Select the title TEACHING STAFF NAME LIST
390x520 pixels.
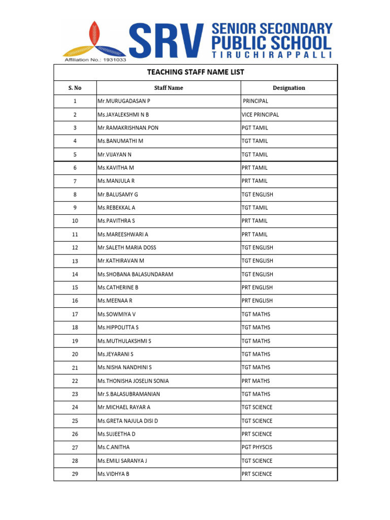point(196,72)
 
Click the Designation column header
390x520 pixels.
point(288,88)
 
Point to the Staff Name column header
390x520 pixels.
point(169,88)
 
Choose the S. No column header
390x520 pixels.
point(75,88)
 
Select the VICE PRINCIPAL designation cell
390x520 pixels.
point(260,115)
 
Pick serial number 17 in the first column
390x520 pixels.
point(75,314)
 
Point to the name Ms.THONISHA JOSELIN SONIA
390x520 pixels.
point(133,381)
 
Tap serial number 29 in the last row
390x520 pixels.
point(75,474)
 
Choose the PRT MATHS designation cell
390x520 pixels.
point(255,381)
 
